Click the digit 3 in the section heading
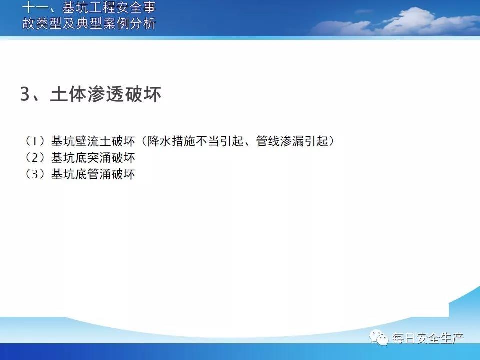25,94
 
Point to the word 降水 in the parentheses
159,141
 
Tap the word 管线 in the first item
268,141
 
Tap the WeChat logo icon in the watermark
379,337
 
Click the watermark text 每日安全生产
428,338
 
